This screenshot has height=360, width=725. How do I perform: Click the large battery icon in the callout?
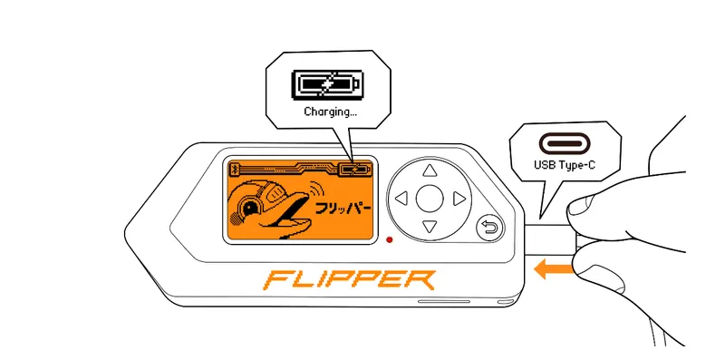point(324,85)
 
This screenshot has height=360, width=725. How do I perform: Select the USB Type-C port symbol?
point(563,143)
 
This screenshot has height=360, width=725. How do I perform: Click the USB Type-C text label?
point(565,167)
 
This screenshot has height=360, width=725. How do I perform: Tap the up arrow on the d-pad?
point(430,170)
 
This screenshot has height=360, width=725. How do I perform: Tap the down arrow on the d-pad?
point(430,225)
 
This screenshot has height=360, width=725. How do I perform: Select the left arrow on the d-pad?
point(402,198)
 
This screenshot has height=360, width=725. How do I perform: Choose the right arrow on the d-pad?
point(459,198)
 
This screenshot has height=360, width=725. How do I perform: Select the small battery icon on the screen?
point(356,169)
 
